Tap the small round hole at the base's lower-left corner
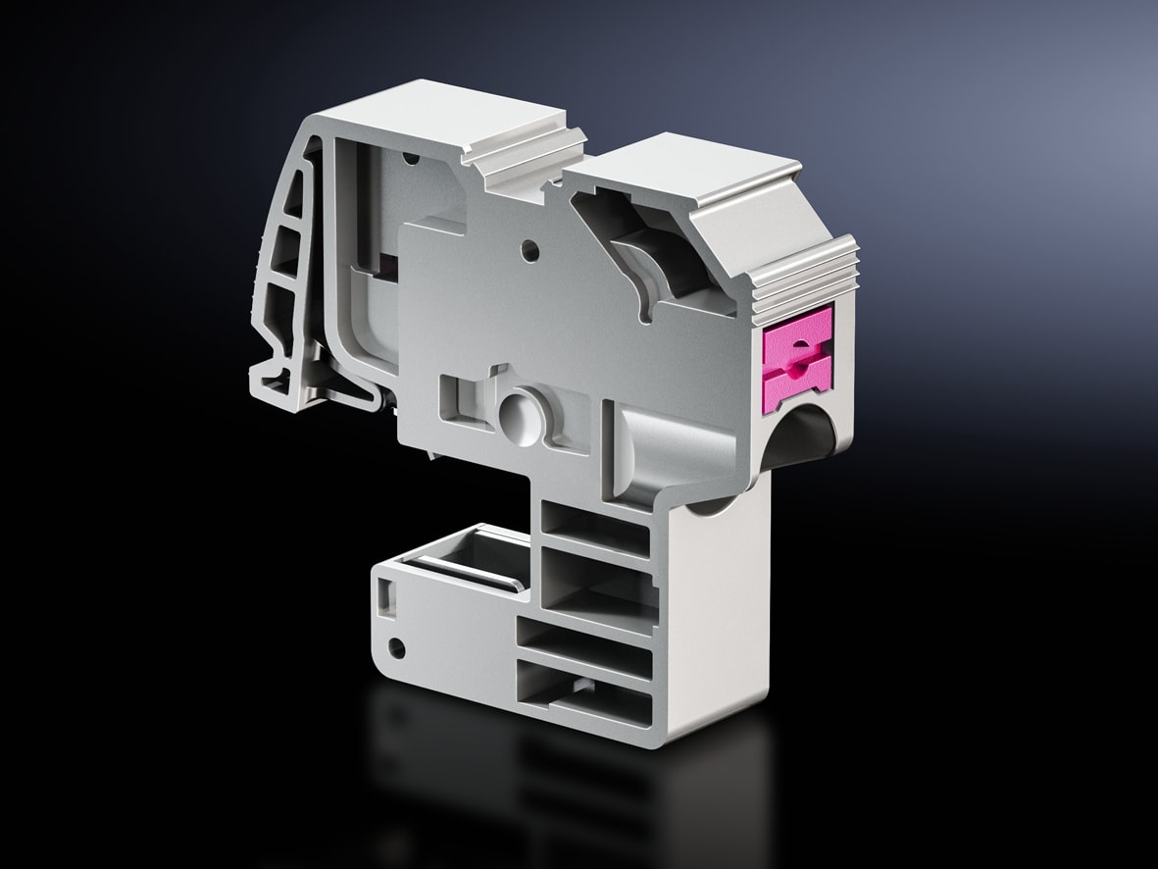396,647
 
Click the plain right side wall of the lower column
721,608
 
